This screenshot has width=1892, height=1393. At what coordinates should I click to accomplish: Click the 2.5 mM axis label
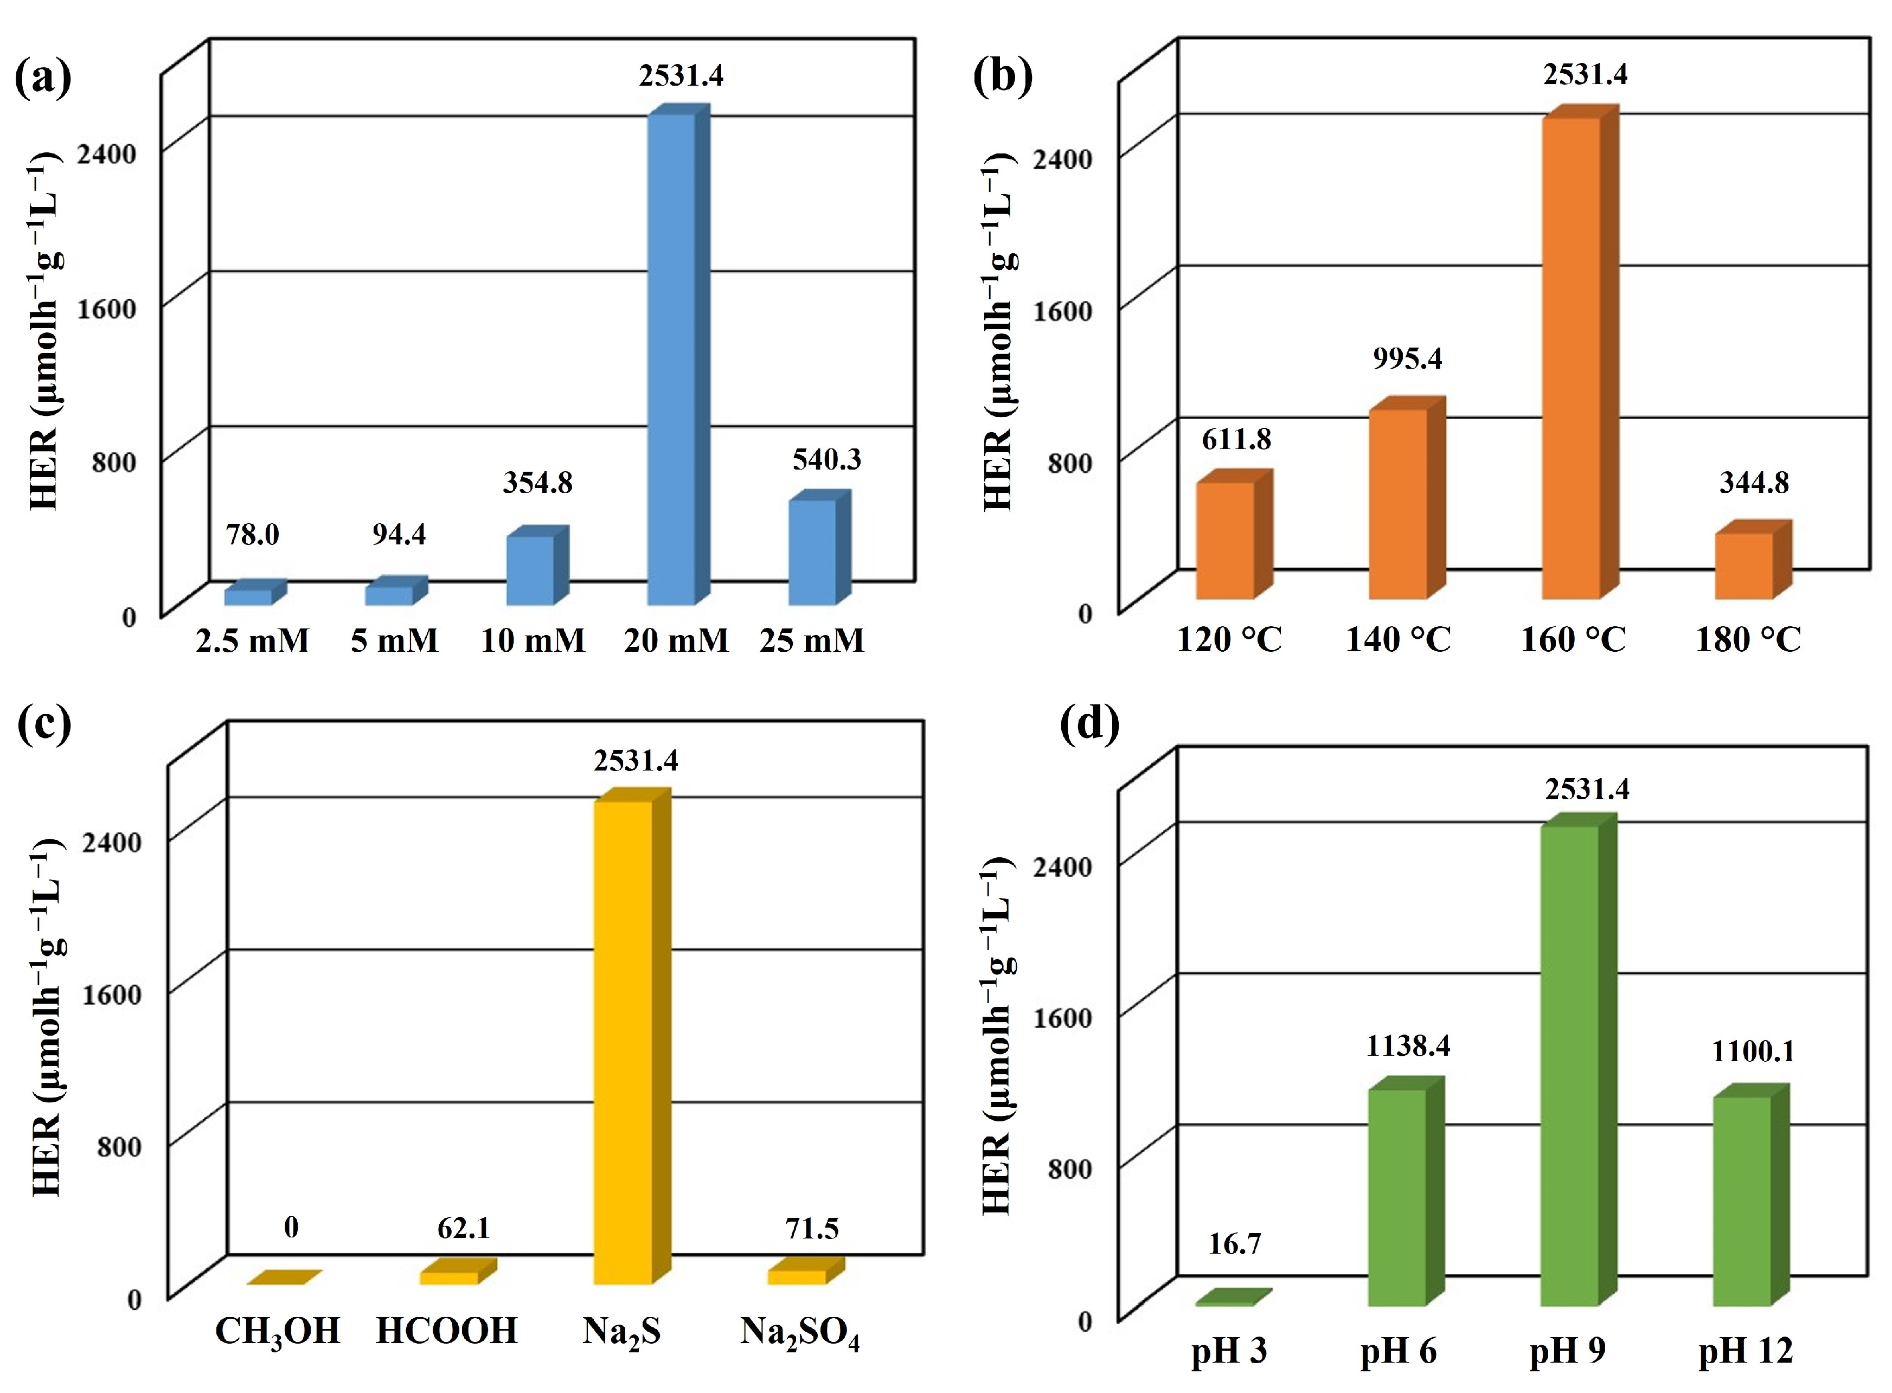click(x=252, y=641)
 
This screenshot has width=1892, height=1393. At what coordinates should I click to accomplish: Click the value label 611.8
click(x=1236, y=439)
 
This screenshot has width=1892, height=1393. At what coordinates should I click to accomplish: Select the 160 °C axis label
click(x=1573, y=639)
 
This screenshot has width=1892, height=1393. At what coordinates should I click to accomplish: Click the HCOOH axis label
click(x=447, y=1331)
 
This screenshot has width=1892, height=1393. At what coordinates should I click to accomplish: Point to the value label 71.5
click(x=812, y=1229)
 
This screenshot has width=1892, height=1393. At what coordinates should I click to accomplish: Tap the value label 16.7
click(x=1234, y=1244)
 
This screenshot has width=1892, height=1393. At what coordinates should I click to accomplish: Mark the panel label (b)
click(x=1003, y=78)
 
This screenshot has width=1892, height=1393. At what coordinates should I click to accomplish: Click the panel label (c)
click(x=44, y=725)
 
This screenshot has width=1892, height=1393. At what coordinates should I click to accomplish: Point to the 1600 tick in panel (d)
click(x=1062, y=1017)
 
